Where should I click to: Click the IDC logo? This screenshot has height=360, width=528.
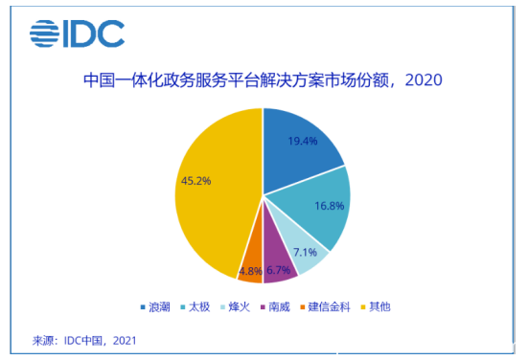(77, 34)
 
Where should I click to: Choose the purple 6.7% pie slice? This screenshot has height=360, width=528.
(280, 267)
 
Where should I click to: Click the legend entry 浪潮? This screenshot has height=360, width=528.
(155, 307)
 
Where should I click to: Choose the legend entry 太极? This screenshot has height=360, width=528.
(198, 307)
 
